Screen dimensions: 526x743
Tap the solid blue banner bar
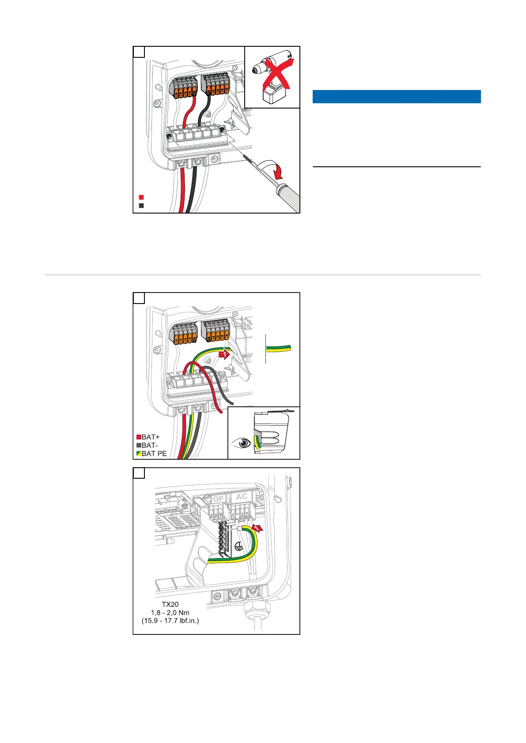click(x=396, y=97)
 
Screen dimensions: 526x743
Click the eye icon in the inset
click(x=240, y=442)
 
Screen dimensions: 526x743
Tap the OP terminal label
click(x=218, y=499)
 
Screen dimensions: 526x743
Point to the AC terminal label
click(x=241, y=497)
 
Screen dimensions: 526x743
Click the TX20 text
click(x=170, y=604)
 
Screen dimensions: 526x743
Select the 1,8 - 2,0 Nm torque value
click(x=170, y=612)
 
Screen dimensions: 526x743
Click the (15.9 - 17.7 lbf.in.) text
click(x=170, y=621)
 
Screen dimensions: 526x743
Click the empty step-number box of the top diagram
click(x=139, y=52)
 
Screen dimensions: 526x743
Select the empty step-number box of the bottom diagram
click(x=139, y=473)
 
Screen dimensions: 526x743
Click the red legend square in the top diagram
click(x=141, y=197)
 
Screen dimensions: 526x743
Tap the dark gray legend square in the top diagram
click(x=141, y=206)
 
